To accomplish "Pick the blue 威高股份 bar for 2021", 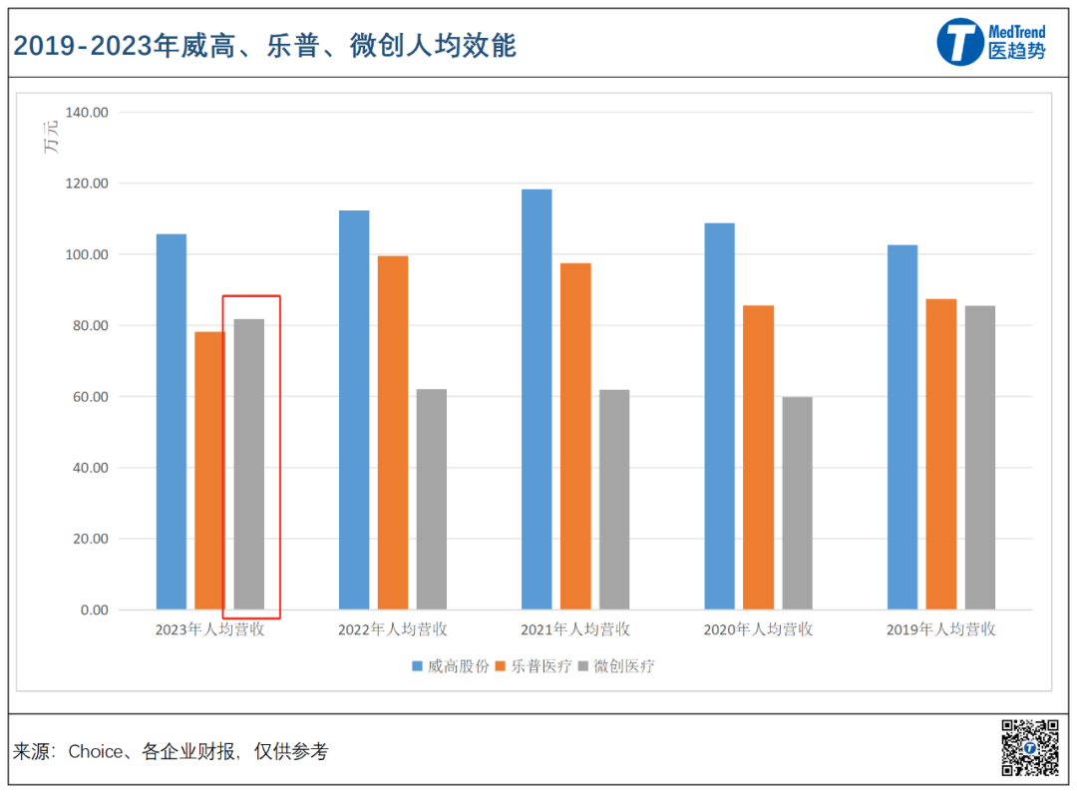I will (537, 399).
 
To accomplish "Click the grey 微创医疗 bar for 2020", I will (797, 503).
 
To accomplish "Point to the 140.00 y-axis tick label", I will (86, 113).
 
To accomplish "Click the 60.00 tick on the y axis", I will (90, 397).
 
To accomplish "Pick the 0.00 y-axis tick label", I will (94, 609).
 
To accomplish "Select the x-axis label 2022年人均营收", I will (392, 630).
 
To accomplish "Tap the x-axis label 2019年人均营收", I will (940, 630).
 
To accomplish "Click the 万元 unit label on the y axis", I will (51, 137).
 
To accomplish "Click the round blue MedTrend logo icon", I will (960, 43).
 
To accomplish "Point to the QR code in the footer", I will (1029, 748).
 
